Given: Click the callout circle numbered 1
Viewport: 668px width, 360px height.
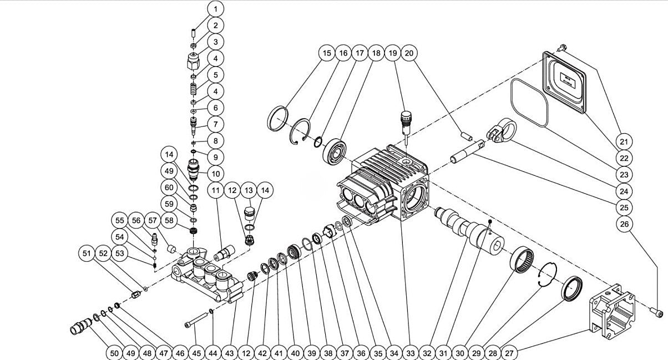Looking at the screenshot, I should click(x=216, y=8).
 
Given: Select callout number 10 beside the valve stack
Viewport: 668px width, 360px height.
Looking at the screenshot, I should click(x=216, y=173).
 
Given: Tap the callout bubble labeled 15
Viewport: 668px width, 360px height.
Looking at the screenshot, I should click(x=327, y=53).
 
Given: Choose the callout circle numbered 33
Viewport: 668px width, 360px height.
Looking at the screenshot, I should click(x=411, y=352).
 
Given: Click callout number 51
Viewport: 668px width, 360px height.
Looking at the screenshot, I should click(x=87, y=253).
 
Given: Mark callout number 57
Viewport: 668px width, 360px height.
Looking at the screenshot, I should click(x=153, y=221).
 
